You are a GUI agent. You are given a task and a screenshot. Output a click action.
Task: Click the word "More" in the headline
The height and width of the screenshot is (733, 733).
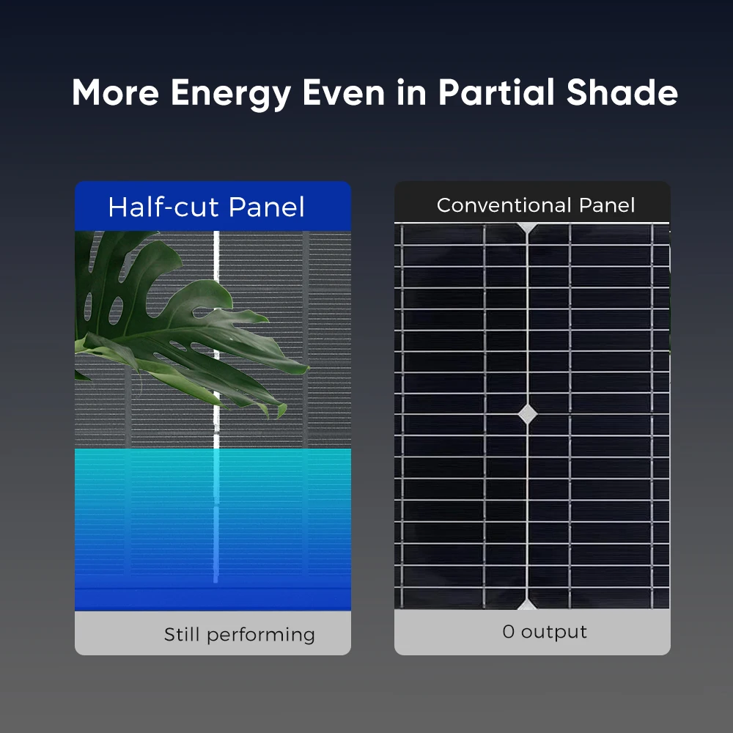pyautogui.click(x=116, y=92)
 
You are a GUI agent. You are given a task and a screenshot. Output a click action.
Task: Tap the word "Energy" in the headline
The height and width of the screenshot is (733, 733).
pyautogui.click(x=231, y=95)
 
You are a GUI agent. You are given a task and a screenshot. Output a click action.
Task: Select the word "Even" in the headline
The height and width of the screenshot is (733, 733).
pyautogui.click(x=344, y=92)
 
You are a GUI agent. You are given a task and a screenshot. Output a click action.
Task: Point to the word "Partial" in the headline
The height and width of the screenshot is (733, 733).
pyautogui.click(x=496, y=92)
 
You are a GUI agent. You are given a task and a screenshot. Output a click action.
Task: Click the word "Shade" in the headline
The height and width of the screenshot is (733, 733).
pyautogui.click(x=622, y=92)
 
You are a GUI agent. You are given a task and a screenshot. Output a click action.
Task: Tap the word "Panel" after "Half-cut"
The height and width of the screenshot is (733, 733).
pyautogui.click(x=267, y=207)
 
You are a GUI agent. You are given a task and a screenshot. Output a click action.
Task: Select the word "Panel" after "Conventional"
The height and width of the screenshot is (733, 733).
pyautogui.click(x=607, y=205)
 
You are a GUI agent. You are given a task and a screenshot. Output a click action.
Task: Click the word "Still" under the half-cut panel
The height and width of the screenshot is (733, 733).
pyautogui.click(x=181, y=634)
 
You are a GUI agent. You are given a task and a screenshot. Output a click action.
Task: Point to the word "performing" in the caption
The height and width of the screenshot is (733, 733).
pyautogui.click(x=261, y=636)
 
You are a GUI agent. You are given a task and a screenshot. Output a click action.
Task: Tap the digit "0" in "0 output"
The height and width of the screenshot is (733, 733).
pyautogui.click(x=508, y=632)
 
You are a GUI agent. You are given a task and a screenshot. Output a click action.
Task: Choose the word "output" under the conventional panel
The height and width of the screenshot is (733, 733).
pyautogui.click(x=554, y=633)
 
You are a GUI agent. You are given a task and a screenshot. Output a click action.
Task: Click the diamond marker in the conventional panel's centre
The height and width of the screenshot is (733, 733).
pyautogui.click(x=527, y=414)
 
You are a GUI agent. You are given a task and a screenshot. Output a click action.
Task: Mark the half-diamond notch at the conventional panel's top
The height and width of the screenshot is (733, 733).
pyautogui.click(x=527, y=228)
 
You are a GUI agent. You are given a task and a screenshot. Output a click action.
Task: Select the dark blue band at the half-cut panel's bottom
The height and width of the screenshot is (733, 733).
pyautogui.click(x=213, y=598)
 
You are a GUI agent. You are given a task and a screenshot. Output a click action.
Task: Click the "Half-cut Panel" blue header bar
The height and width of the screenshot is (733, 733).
pyautogui.click(x=213, y=206)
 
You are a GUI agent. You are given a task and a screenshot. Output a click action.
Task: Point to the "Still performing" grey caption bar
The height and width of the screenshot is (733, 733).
pyautogui.click(x=213, y=633)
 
